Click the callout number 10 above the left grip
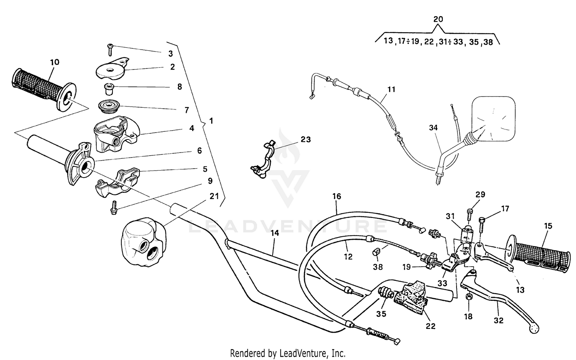55,62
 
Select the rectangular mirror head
493,118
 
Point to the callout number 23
305,139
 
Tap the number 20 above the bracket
438,19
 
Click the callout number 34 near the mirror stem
433,128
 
